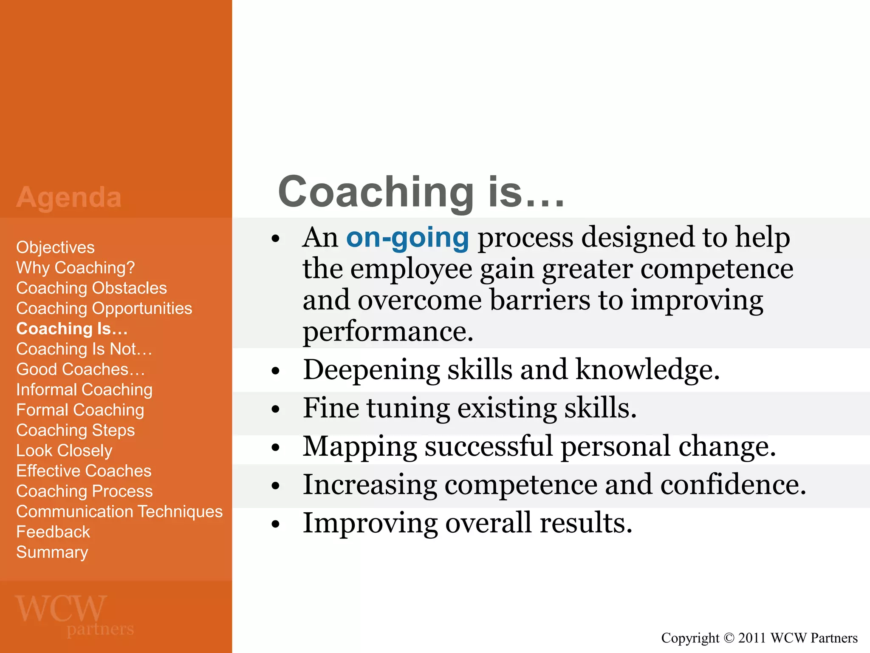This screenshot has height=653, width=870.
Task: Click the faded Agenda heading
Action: (69, 198)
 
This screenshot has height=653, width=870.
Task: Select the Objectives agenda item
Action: (55, 247)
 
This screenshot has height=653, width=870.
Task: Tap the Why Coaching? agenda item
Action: (75, 268)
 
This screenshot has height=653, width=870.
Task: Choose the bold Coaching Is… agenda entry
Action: (72, 329)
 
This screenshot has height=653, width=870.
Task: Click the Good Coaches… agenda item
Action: (80, 369)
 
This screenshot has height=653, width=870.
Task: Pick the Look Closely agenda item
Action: (64, 451)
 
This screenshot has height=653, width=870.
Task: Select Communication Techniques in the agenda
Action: (119, 511)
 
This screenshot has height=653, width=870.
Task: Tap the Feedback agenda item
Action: (53, 532)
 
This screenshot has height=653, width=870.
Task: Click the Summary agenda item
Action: (52, 552)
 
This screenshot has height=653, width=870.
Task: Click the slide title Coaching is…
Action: (421, 192)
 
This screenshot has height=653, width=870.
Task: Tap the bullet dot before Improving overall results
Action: (276, 524)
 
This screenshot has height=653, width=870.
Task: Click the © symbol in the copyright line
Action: (729, 638)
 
